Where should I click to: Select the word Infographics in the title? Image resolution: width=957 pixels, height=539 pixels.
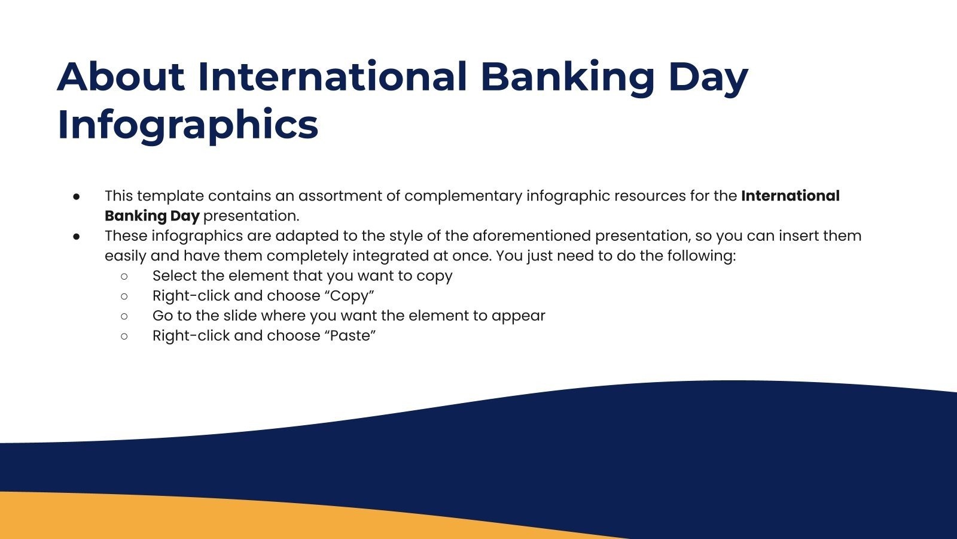click(x=188, y=125)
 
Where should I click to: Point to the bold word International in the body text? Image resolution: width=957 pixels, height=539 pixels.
click(x=790, y=196)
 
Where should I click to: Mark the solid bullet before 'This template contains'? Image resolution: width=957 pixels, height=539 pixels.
click(x=77, y=196)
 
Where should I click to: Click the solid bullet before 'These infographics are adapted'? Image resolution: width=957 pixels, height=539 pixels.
click(x=77, y=236)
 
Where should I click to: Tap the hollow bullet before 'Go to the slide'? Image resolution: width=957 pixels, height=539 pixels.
click(x=124, y=316)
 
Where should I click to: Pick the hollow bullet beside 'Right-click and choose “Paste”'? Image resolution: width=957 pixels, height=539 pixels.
click(x=124, y=336)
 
